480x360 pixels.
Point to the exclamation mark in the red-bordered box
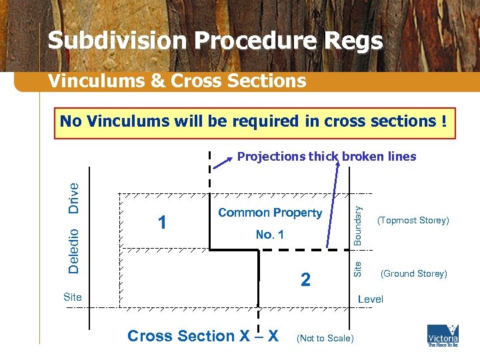tap(443, 121)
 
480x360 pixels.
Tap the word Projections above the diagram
tap(271, 157)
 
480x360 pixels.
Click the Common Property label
tap(270, 213)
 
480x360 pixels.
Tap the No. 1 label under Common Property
tap(269, 235)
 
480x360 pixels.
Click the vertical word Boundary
tap(358, 225)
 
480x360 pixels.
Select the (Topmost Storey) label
tap(413, 221)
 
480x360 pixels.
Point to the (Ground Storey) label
tap(413, 273)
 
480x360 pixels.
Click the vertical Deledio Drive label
tap(75, 227)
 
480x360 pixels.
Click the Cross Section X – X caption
tap(203, 335)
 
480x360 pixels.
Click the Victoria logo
tap(443, 335)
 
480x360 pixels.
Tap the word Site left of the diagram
tap(72, 297)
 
